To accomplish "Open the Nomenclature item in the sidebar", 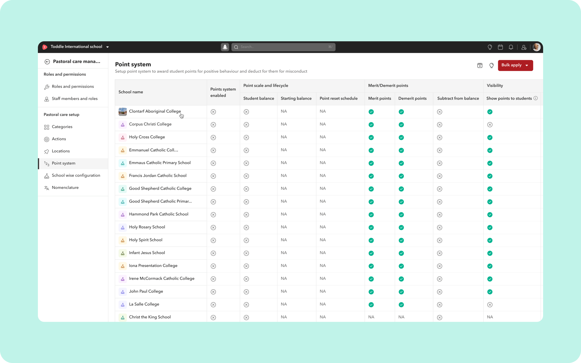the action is tap(65, 188).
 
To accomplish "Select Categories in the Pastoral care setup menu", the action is tap(62, 127).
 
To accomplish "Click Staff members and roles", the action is tap(74, 99).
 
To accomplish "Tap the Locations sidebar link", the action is tap(61, 151).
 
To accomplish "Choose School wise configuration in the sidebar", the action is tap(76, 175).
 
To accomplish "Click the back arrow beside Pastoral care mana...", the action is tap(47, 62).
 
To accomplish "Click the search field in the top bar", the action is tap(283, 47).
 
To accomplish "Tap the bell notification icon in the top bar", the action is tap(511, 47).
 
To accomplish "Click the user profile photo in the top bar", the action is tap(536, 47).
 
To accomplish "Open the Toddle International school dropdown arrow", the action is tap(107, 47).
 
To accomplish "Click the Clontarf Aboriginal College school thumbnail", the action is tap(123, 112).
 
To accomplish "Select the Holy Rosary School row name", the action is tap(147, 227).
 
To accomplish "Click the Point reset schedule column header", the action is tap(338, 98).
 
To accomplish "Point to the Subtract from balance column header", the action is tap(458, 98).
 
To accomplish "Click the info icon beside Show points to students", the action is tap(535, 98).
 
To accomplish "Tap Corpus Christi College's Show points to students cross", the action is tap(490, 125).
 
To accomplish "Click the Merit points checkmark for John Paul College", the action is tap(371, 292).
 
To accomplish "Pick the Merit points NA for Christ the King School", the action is tap(371, 317).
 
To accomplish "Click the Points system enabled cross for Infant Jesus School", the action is tap(213, 253).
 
